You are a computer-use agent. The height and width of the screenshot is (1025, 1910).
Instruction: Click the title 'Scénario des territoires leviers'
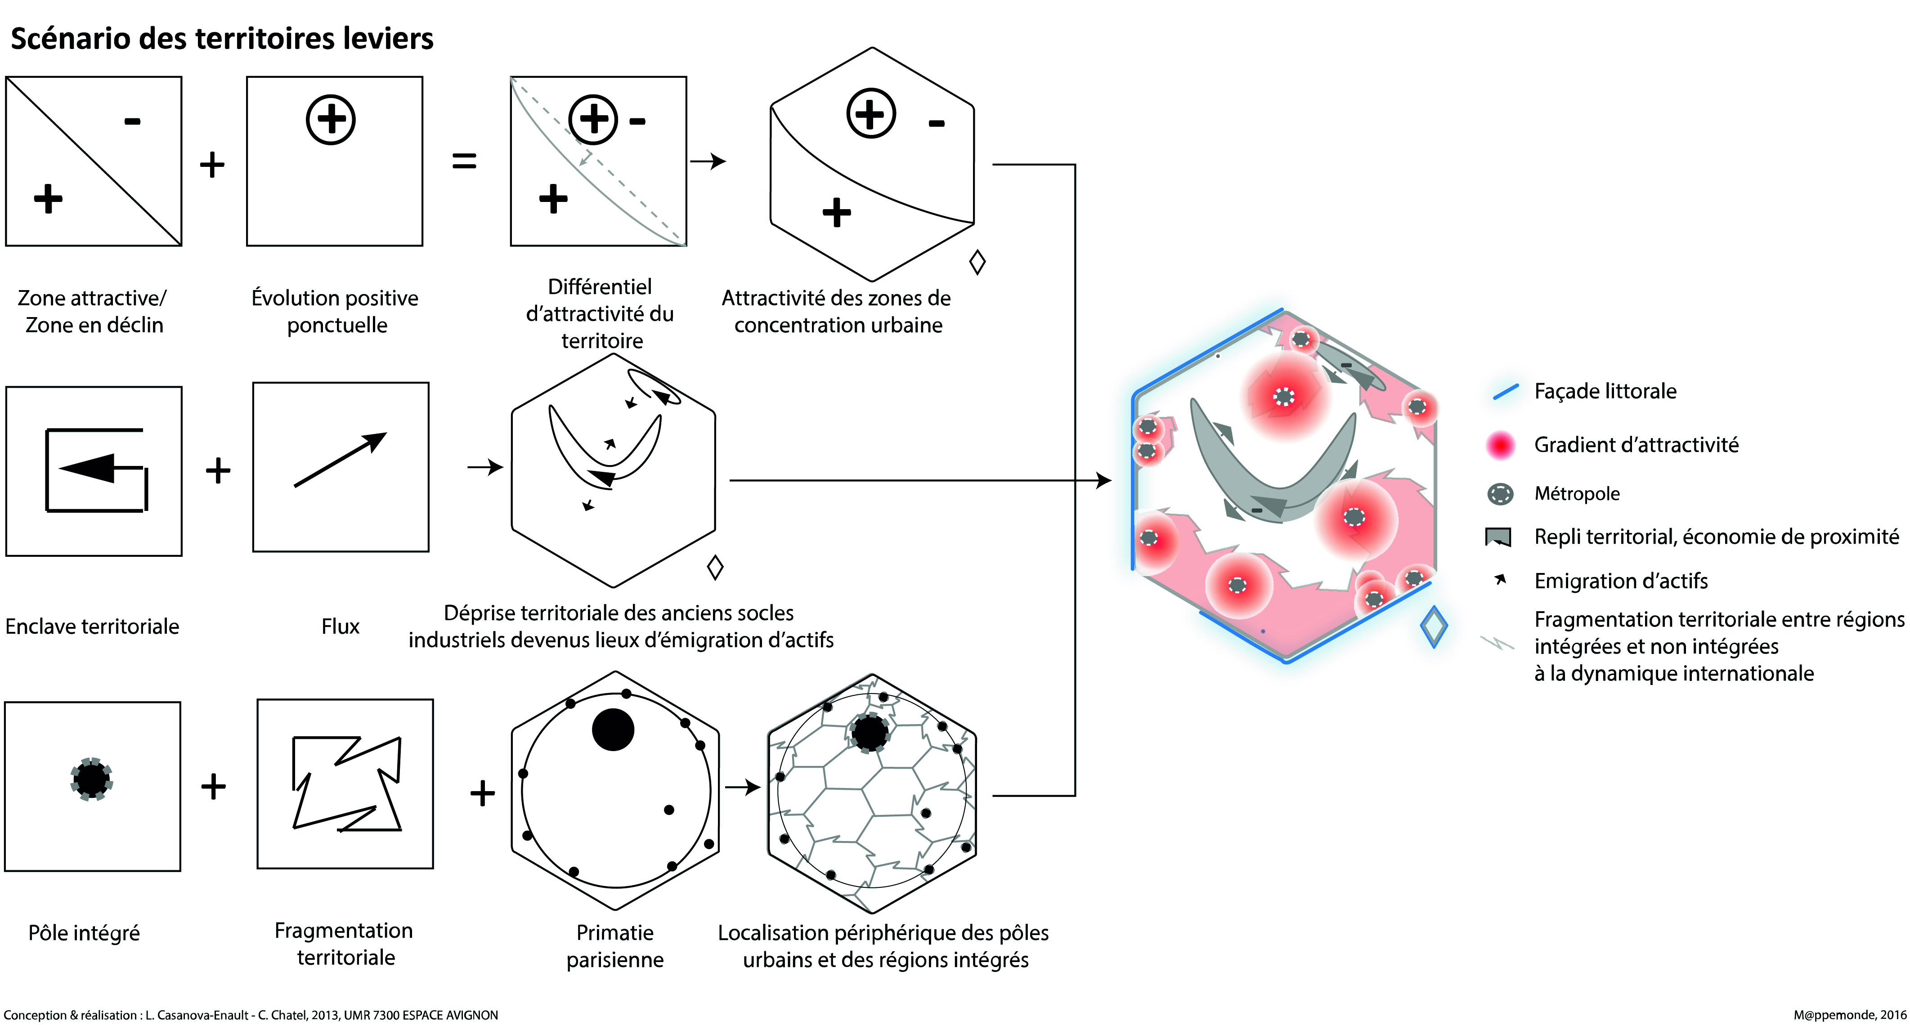coord(222,39)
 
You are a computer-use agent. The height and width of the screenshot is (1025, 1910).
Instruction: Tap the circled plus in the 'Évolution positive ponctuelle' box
coord(331,119)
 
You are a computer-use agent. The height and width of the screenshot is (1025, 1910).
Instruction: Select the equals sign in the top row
coord(464,161)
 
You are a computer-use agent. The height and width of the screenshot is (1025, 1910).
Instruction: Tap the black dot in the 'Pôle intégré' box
coord(91,779)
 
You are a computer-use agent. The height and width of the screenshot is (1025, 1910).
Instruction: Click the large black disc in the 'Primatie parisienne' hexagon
coord(613,730)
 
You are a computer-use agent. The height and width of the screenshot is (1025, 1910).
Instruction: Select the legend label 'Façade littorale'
coord(1605,391)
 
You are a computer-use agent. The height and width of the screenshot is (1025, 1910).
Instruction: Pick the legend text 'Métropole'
coord(1576,493)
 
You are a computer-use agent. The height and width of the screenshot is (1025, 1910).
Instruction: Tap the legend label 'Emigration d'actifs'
coord(1620,581)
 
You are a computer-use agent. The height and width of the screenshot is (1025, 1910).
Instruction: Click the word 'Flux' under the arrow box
coord(341,627)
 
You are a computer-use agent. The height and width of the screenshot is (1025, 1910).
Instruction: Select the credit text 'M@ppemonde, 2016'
coord(1849,1015)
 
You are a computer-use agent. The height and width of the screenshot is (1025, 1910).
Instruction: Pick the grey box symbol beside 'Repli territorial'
coord(1498,537)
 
